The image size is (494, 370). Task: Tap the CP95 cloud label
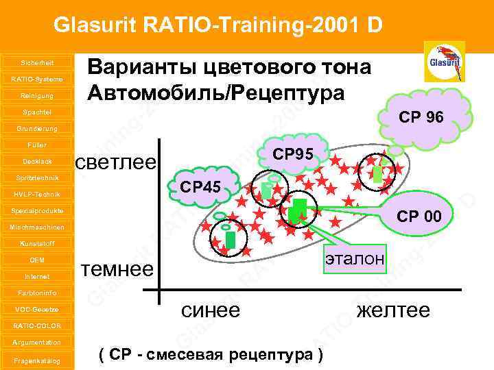(292, 155)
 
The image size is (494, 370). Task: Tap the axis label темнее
(117, 268)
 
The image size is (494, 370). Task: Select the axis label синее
(210, 310)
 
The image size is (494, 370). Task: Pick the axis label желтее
(393, 310)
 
